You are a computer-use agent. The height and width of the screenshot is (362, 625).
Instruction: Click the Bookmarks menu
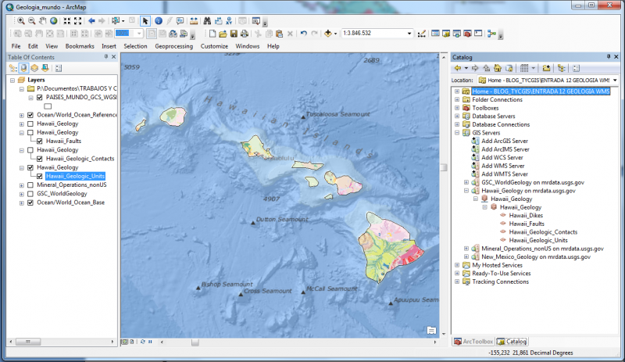tap(79, 46)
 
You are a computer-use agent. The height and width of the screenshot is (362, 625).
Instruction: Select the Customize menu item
tap(214, 46)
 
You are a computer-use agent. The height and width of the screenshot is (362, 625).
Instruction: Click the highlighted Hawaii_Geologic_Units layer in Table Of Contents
tap(75, 176)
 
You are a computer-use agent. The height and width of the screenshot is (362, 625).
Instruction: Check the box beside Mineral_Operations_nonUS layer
tap(30, 185)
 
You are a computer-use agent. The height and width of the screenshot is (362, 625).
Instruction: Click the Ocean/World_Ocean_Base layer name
tap(71, 203)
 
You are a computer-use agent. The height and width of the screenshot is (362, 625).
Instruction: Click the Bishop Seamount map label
tap(227, 284)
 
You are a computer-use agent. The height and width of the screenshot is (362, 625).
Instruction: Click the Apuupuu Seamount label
tap(415, 299)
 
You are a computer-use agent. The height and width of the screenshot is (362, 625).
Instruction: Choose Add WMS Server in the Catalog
tap(505, 166)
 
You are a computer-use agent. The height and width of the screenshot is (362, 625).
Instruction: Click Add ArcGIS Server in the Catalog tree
tap(509, 140)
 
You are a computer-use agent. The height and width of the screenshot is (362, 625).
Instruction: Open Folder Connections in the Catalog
tap(497, 99)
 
